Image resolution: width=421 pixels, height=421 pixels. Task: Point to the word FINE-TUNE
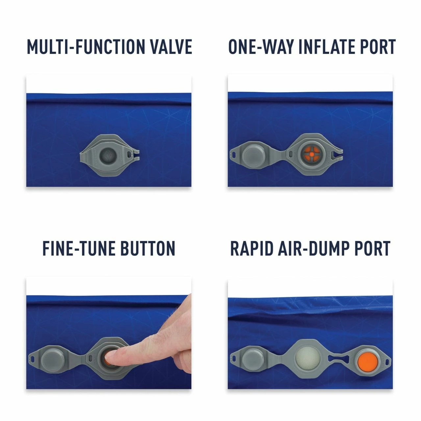[x=79, y=248]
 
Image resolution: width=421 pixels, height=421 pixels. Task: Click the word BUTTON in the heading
[x=148, y=248]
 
